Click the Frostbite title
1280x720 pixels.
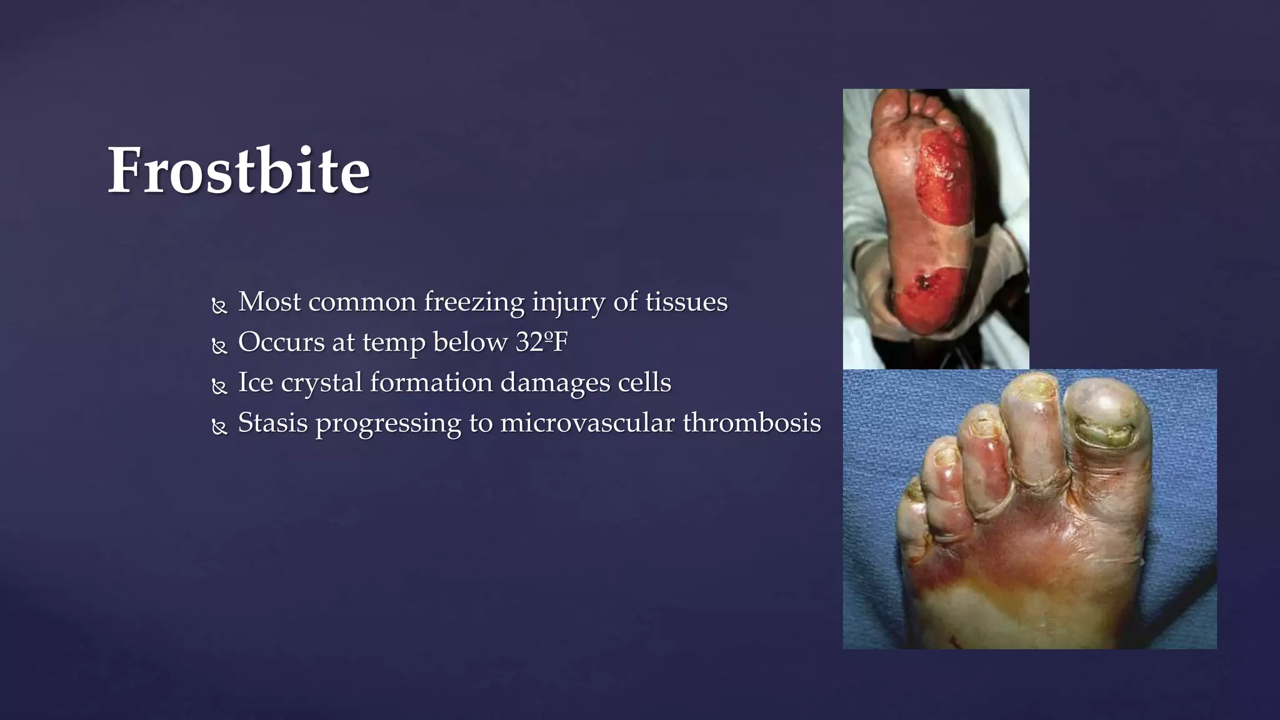pos(239,171)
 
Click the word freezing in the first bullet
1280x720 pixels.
pos(474,302)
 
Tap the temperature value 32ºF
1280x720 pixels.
pos(541,342)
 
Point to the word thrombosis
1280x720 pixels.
pos(751,423)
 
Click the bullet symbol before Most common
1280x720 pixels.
pos(219,306)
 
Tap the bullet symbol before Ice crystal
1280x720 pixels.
pos(219,387)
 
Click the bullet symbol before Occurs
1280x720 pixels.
pos(219,347)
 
